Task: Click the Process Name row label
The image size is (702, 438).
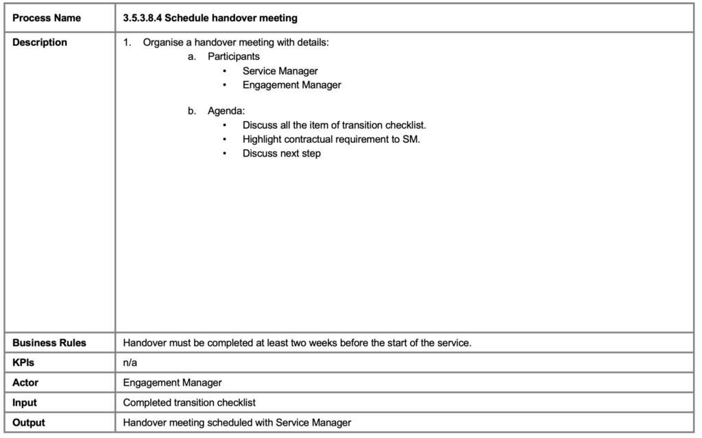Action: [x=46, y=18]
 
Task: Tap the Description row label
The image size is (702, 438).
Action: [x=40, y=43]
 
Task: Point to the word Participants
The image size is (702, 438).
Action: [x=234, y=56]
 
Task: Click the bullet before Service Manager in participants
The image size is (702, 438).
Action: [x=225, y=71]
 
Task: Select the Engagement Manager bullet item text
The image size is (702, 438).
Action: [x=291, y=85]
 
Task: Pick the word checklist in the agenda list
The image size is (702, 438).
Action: [x=404, y=126]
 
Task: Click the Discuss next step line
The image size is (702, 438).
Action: [x=281, y=153]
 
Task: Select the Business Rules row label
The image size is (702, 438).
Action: [x=49, y=343]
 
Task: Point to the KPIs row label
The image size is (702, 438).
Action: [x=23, y=362]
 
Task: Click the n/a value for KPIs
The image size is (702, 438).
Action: [x=130, y=362]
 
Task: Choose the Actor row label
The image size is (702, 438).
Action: [x=25, y=382]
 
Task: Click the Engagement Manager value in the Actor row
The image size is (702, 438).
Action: [x=172, y=382]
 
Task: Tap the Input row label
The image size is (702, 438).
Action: [x=25, y=402]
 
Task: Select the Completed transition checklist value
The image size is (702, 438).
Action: [x=189, y=402]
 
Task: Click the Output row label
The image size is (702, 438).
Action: [x=29, y=422]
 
